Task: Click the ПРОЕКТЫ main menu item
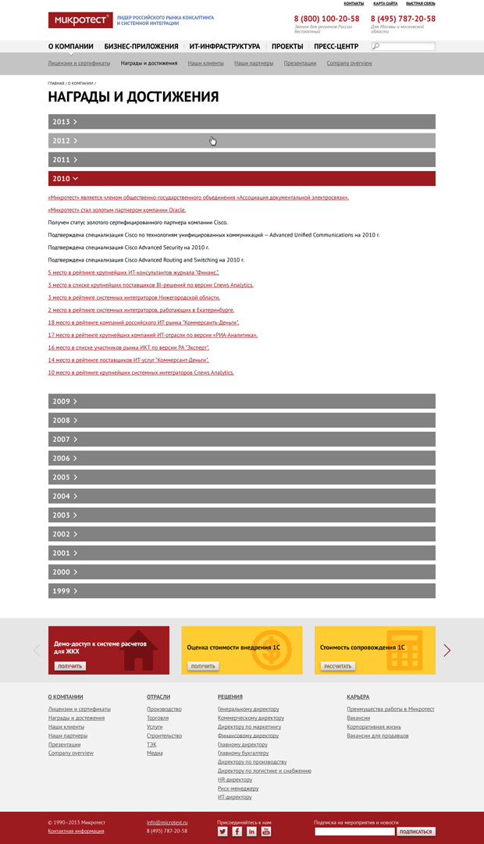pyautogui.click(x=286, y=47)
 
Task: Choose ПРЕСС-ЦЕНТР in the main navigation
pyautogui.click(x=336, y=47)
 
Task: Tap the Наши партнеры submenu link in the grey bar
pyautogui.click(x=254, y=63)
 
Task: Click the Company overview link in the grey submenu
pyautogui.click(x=349, y=63)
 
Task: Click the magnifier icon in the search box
pyautogui.click(x=376, y=47)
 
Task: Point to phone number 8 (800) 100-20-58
pyautogui.click(x=326, y=19)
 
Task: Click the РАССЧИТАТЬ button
pyautogui.click(x=338, y=666)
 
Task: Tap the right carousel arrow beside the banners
pyautogui.click(x=447, y=650)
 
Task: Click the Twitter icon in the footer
pyautogui.click(x=222, y=832)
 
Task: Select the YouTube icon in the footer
pyautogui.click(x=265, y=832)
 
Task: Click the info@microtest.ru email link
pyautogui.click(x=166, y=822)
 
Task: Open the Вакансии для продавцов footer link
pyautogui.click(x=378, y=735)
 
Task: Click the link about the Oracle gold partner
pyautogui.click(x=117, y=210)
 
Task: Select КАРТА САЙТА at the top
pyautogui.click(x=385, y=4)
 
